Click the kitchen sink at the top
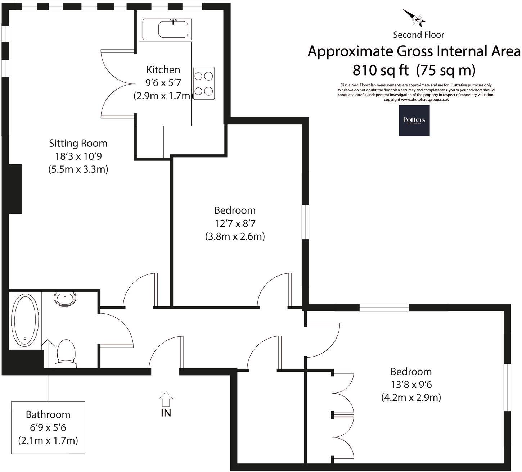point(166,29)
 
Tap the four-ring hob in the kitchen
point(204,83)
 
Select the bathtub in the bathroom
point(25,320)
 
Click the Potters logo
point(414,120)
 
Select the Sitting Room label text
point(78,143)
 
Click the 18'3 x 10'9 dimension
point(78,156)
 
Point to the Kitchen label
point(163,69)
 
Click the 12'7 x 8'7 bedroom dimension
point(235,223)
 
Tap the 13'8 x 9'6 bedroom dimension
point(411,384)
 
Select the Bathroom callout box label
point(48,414)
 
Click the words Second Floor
point(418,35)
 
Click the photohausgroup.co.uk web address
point(424,100)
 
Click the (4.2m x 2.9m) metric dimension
point(411,398)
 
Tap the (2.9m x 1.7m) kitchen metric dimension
point(163,96)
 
